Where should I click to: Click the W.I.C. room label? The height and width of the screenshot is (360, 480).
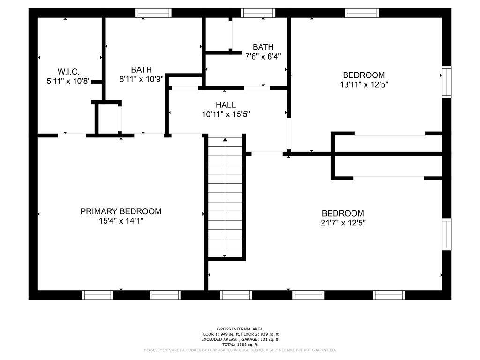[68, 72]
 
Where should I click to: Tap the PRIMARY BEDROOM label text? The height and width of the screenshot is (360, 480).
[121, 211]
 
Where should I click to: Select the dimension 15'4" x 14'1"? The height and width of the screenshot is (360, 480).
[121, 221]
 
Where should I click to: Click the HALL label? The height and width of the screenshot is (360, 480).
[225, 105]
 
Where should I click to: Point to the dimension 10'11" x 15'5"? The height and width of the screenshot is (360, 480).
[226, 114]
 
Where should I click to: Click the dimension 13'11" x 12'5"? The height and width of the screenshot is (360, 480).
[364, 84]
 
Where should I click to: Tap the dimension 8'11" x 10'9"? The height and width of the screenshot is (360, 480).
[141, 79]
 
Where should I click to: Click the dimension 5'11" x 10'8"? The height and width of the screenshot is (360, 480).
[68, 81]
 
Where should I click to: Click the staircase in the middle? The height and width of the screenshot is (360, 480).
[226, 197]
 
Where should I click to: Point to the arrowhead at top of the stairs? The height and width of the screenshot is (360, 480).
[226, 139]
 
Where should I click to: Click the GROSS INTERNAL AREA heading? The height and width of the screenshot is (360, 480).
[240, 329]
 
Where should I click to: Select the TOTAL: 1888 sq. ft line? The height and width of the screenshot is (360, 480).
[240, 345]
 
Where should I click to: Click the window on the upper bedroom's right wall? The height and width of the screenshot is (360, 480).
[446, 82]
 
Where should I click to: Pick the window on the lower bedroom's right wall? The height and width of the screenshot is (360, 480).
[446, 234]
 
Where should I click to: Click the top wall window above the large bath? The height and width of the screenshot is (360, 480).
[153, 13]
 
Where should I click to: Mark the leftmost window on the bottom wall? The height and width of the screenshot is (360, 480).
[97, 295]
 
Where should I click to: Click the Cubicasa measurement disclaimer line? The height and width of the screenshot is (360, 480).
[240, 350]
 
